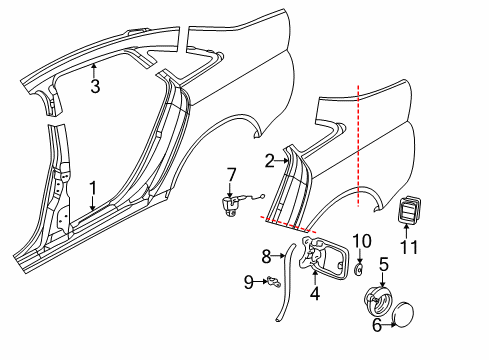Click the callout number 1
pyautogui.click(x=93, y=189)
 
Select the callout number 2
pyautogui.click(x=270, y=161)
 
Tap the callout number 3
pyautogui.click(x=95, y=86)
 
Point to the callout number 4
pyautogui.click(x=315, y=293)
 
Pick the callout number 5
pyautogui.click(x=384, y=264)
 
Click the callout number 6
pyautogui.click(x=377, y=325)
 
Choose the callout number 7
pyautogui.click(x=231, y=175)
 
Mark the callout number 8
pyautogui.click(x=266, y=257)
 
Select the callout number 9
pyautogui.click(x=249, y=282)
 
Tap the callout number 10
pyautogui.click(x=362, y=241)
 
